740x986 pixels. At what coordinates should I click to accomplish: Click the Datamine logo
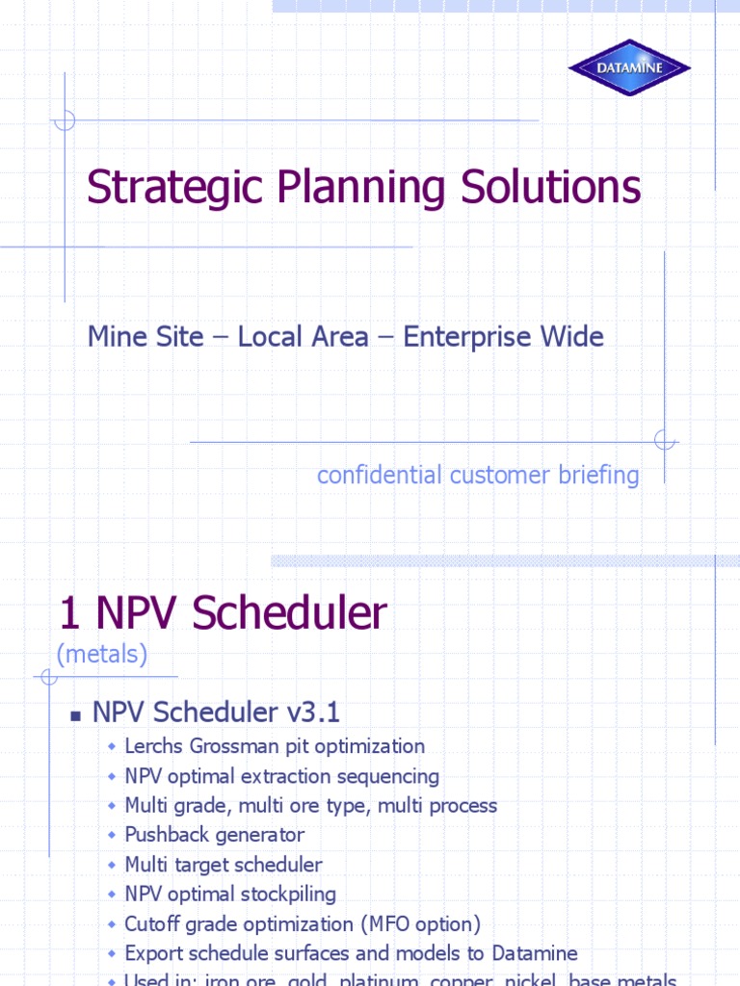coord(629,67)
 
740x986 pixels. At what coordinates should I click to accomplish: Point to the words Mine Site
coord(145,337)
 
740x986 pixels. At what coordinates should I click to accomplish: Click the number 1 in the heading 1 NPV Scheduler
coord(67,613)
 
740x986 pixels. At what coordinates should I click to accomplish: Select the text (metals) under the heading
coord(102,655)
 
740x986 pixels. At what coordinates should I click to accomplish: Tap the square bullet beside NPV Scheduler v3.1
coord(74,715)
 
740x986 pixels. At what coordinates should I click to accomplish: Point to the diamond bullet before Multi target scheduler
coord(112,865)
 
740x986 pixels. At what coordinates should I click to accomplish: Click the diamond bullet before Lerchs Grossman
coord(112,746)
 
